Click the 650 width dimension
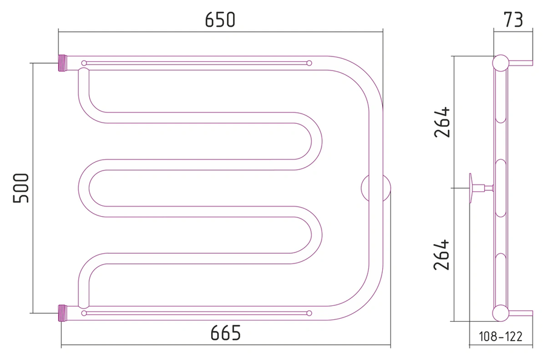click(220, 19)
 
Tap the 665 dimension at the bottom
click(225, 333)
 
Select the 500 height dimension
click(21, 188)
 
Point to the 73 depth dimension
click(513, 19)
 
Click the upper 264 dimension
click(442, 122)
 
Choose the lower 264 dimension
click(442, 255)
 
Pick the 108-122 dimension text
click(500, 337)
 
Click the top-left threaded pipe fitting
click(62, 63)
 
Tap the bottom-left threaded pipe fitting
click(62, 313)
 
